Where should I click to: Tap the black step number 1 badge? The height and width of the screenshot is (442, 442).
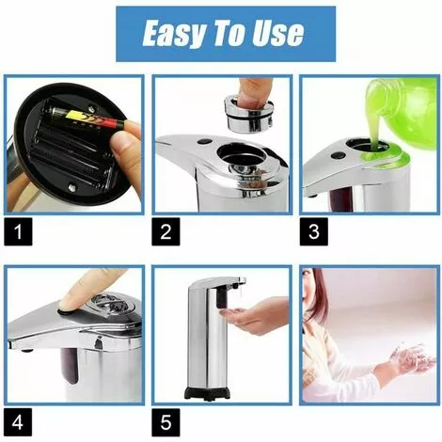[18, 231]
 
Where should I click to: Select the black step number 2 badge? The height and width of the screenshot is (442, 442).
[166, 231]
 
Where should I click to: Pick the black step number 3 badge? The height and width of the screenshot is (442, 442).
[314, 231]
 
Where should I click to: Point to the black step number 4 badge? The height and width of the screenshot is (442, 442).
[18, 422]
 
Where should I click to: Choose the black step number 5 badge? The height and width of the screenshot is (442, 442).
[166, 422]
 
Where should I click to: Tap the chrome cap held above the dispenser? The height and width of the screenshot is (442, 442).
[249, 114]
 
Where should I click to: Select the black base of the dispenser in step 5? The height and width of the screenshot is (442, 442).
[206, 393]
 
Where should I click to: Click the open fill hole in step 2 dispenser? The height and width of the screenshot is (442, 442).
[242, 157]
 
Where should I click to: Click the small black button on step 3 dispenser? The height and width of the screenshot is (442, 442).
[339, 155]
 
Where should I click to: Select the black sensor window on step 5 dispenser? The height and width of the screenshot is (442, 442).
[221, 298]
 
